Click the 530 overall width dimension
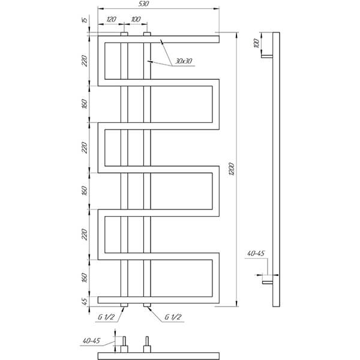point(144,4)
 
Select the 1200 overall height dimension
point(232,169)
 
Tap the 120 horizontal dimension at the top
point(111,19)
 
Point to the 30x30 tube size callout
point(184,61)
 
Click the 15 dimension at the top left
point(85,20)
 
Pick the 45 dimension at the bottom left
point(85,301)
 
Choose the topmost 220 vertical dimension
point(85,61)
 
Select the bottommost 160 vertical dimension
point(85,278)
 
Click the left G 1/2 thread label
point(106,317)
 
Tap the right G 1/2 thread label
point(173,317)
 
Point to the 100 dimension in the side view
point(257,43)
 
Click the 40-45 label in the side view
point(256,253)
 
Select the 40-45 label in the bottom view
point(91,341)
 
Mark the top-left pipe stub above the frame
point(124,34)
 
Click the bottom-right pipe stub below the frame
point(147,305)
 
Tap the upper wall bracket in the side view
point(267,56)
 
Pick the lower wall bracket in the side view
point(268,283)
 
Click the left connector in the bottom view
point(124,344)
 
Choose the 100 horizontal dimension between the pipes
point(136,19)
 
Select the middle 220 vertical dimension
point(85,148)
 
